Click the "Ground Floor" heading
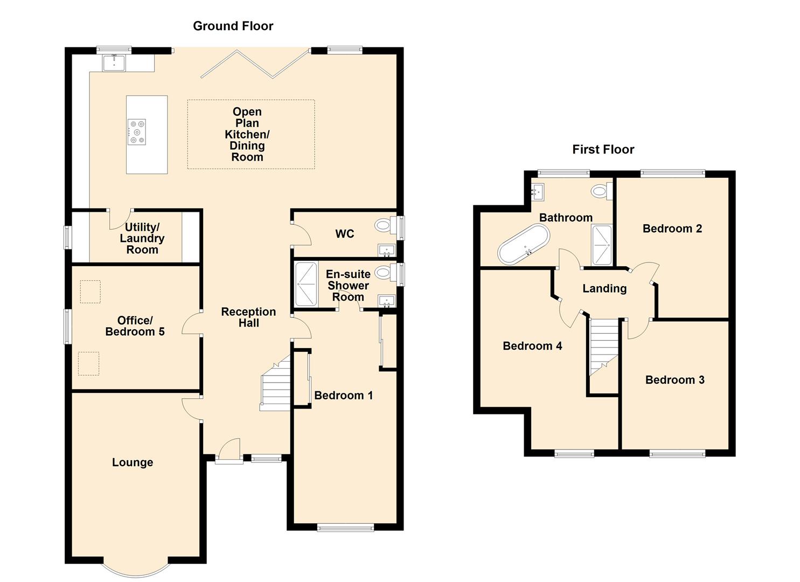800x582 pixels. tap(233, 26)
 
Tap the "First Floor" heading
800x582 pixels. tap(603, 149)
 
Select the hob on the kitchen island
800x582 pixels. tap(136, 132)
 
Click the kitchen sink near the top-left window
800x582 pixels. tap(114, 63)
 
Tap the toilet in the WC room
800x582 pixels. tap(384, 225)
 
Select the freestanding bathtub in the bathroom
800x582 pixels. tap(523, 244)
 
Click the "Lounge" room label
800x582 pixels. tap(133, 462)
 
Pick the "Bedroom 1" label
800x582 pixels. tap(343, 396)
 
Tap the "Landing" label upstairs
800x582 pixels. tap(604, 289)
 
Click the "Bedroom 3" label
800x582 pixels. tap(674, 380)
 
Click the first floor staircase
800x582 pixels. tap(603, 347)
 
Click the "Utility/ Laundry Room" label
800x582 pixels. tap(142, 238)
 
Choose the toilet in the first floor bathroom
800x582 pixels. tap(600, 191)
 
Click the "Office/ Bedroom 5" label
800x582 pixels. tap(135, 326)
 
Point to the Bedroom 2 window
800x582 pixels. tap(672, 173)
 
